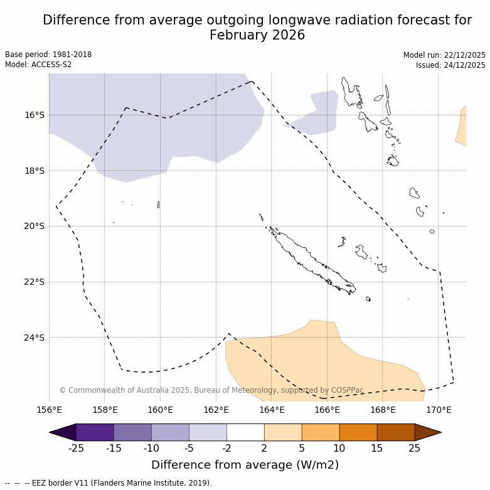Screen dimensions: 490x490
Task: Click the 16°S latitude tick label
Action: [x=35, y=115]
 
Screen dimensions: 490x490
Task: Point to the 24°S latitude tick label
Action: [x=35, y=338]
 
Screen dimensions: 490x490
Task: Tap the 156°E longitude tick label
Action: [x=49, y=410]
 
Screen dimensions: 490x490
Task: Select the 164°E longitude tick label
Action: [x=271, y=410]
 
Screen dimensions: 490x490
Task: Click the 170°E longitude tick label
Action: [x=438, y=410]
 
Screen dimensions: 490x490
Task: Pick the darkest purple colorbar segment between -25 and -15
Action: [x=95, y=432]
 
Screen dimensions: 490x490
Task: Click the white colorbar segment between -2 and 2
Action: [x=245, y=432]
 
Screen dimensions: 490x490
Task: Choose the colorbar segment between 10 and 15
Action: [x=358, y=432]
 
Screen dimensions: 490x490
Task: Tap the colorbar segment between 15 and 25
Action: [x=396, y=432]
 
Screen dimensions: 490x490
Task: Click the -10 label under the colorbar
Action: [x=151, y=448]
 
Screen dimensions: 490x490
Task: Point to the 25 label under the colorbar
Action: [x=415, y=448]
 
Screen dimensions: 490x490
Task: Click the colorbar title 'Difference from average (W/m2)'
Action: [x=245, y=465]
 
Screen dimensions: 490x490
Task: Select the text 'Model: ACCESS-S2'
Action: [x=38, y=65]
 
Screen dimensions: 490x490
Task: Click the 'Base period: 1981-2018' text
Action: [x=48, y=55]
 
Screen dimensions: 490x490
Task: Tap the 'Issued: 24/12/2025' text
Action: [x=450, y=65]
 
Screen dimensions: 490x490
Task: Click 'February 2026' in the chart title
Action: [x=257, y=35]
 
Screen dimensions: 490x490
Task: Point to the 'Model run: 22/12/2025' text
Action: [x=444, y=55]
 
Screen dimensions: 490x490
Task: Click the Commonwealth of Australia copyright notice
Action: [x=211, y=390]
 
